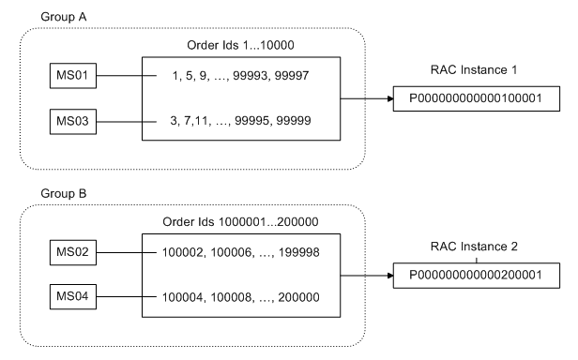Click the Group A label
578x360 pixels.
(x=61, y=18)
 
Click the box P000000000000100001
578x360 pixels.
(x=466, y=97)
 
